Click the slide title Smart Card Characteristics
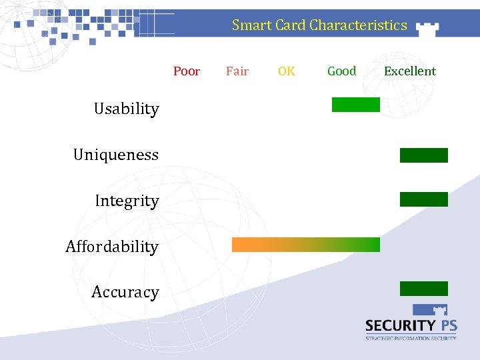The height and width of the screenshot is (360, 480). click(319, 25)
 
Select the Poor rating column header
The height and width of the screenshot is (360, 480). click(187, 71)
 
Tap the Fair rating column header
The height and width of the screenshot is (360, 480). click(237, 71)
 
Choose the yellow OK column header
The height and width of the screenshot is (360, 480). click(287, 71)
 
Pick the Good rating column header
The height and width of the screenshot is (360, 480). click(341, 71)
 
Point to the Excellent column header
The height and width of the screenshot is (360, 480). click(409, 71)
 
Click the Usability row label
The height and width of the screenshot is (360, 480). click(126, 109)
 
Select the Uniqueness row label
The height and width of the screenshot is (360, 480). click(116, 155)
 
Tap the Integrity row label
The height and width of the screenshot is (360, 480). click(127, 201)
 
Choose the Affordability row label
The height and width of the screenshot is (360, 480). click(112, 247)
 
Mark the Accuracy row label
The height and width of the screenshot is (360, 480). click(125, 292)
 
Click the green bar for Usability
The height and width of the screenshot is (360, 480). click(356, 105)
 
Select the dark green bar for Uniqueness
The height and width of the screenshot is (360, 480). click(424, 155)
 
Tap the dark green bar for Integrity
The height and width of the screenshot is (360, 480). click(424, 199)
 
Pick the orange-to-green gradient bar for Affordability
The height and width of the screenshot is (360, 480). click(305, 245)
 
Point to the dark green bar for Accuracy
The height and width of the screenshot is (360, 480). click(424, 289)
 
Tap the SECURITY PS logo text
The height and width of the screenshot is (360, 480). click(411, 325)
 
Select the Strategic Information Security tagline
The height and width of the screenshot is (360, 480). click(411, 338)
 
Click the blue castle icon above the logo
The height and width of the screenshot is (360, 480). click(430, 309)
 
